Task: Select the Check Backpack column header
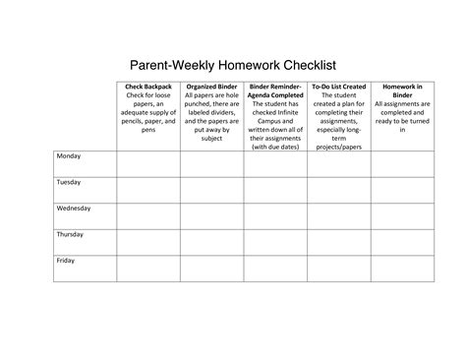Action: click(x=147, y=87)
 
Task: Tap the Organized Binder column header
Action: click(x=211, y=87)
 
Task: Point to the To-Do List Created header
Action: click(x=338, y=87)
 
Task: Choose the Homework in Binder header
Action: click(x=401, y=87)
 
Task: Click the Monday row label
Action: click(x=69, y=157)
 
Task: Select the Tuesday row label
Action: click(x=69, y=183)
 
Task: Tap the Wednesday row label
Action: click(x=74, y=209)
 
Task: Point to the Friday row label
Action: click(x=66, y=260)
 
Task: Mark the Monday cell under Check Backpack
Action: click(x=147, y=163)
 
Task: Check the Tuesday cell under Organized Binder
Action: click(x=211, y=189)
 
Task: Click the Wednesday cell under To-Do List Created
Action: click(x=338, y=214)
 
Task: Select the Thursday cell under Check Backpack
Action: click(x=147, y=240)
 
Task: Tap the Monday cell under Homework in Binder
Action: click(x=401, y=163)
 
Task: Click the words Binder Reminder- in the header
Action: click(x=275, y=87)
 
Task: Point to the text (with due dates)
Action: click(x=275, y=147)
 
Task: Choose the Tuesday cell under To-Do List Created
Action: click(x=338, y=189)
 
